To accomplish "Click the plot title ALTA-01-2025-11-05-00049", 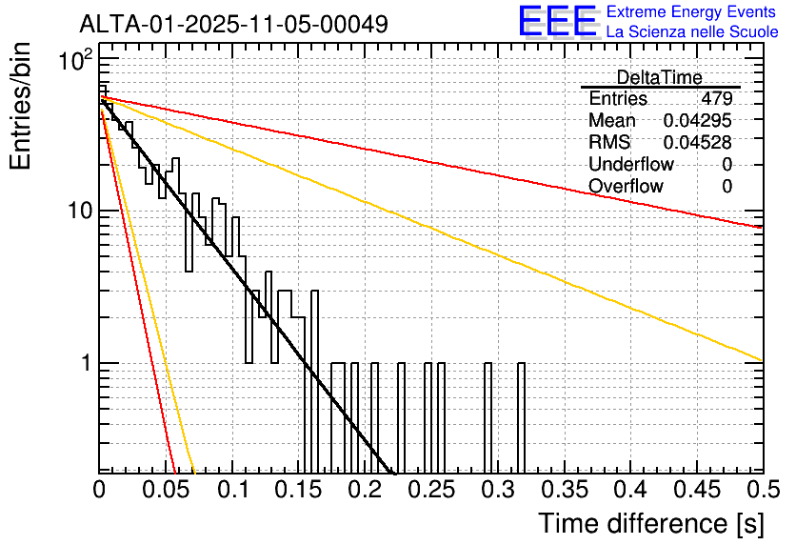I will (233, 24).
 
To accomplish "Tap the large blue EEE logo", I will (557, 21).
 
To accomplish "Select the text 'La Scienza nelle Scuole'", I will (692, 32).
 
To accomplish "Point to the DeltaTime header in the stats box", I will (659, 77).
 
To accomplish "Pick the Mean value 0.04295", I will (697, 121).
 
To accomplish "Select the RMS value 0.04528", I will (699, 143).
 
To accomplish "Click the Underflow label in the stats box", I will (631, 165).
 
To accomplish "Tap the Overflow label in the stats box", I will (626, 187).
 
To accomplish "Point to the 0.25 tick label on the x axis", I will (431, 490).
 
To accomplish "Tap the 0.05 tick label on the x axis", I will (166, 490).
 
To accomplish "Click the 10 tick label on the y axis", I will (79, 210).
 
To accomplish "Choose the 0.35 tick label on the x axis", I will (564, 490).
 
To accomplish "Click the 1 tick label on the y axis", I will (85, 363).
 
